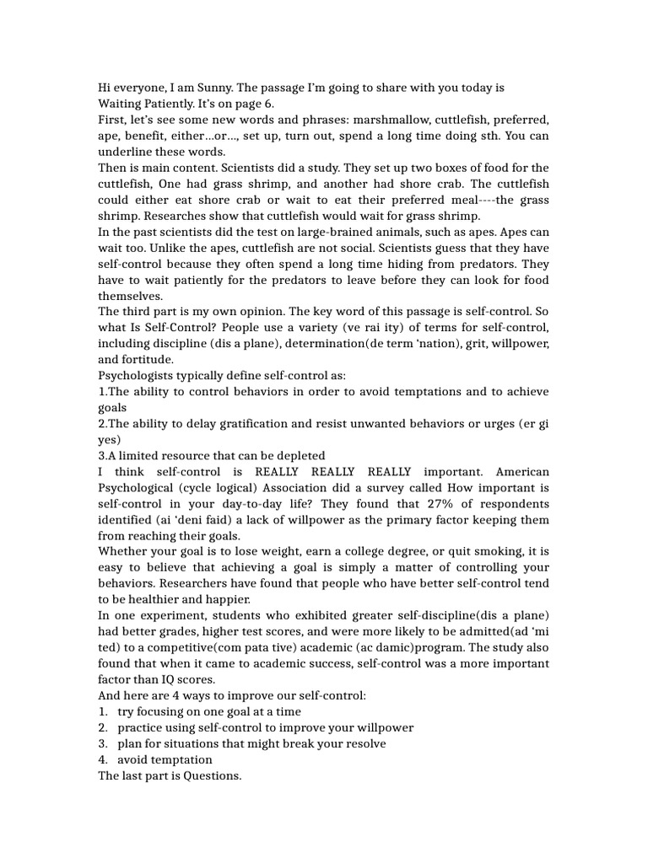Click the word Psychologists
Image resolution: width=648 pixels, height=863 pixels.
tap(139, 375)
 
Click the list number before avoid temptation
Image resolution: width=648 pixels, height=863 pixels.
tap(103, 759)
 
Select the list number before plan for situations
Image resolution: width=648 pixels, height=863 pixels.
tap(103, 743)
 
